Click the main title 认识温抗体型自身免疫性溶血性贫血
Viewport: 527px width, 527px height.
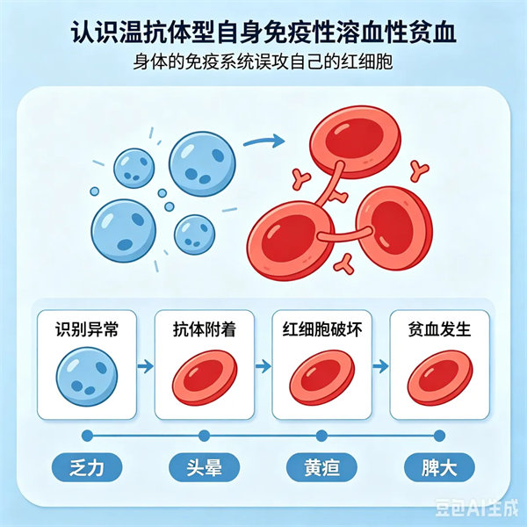(263, 32)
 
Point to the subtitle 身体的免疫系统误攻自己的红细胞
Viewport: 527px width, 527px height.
(263, 61)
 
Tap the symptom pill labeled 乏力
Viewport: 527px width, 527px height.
(87, 467)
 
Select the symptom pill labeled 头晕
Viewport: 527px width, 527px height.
(205, 467)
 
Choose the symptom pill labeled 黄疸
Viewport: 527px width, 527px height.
(321, 467)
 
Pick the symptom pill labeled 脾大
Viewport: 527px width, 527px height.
(439, 467)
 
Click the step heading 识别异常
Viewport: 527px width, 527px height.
(87, 329)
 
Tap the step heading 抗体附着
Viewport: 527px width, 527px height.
(205, 329)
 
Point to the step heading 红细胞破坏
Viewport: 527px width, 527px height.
(322, 329)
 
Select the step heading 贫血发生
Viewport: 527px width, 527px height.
(439, 329)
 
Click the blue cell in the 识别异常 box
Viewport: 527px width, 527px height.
(87, 377)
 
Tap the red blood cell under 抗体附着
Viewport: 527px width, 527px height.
(205, 378)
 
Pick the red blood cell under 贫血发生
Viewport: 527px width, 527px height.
(440, 378)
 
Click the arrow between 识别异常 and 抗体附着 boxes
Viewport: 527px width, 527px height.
(146, 366)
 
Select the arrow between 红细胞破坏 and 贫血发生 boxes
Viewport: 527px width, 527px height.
(381, 366)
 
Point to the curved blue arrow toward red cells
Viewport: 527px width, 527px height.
(264, 141)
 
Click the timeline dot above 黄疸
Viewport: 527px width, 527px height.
(321, 436)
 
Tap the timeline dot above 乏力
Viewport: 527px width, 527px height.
(87, 436)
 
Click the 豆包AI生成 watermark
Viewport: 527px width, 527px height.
(477, 508)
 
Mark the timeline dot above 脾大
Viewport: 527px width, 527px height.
(439, 436)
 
